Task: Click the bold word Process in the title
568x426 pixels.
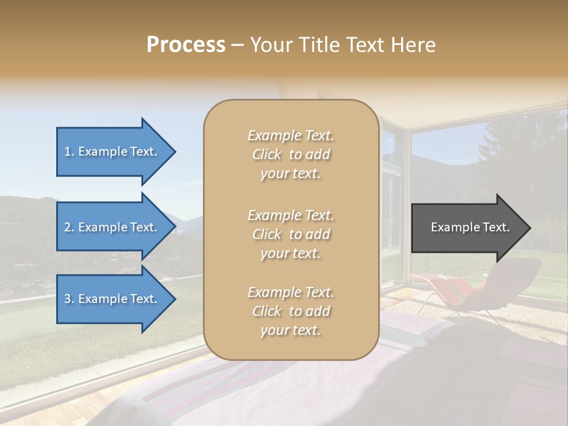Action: pos(186,45)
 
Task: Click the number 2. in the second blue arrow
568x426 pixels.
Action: pos(69,227)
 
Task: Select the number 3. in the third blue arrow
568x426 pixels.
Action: pos(69,299)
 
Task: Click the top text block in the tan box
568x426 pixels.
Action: pos(291,154)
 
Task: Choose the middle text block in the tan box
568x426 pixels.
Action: pos(291,234)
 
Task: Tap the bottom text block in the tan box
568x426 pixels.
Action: pos(291,311)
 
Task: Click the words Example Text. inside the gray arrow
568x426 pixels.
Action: pos(470,227)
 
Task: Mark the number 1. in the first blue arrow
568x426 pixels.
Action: pos(69,151)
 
